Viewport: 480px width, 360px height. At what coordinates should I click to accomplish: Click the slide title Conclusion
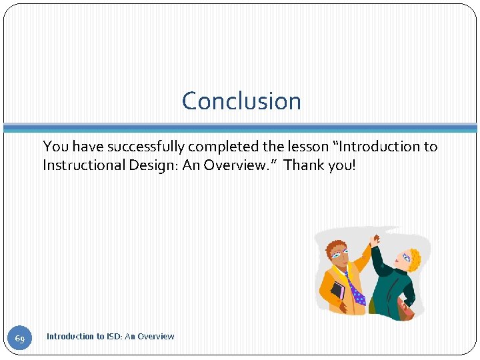coord(241,101)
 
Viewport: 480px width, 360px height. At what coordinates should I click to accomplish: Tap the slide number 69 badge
coord(20,339)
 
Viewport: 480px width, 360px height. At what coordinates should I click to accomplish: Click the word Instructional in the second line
coord(83,165)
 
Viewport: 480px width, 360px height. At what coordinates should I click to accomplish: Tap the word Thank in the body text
coord(303,165)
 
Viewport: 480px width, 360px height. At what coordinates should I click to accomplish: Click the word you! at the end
coord(341,165)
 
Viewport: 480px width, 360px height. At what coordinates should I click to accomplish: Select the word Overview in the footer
coord(155,337)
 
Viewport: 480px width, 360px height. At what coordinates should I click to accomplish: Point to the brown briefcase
coord(404,308)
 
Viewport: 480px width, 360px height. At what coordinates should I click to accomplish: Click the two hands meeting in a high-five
coord(375,238)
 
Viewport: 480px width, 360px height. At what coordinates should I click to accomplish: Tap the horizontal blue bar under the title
coord(240,127)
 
